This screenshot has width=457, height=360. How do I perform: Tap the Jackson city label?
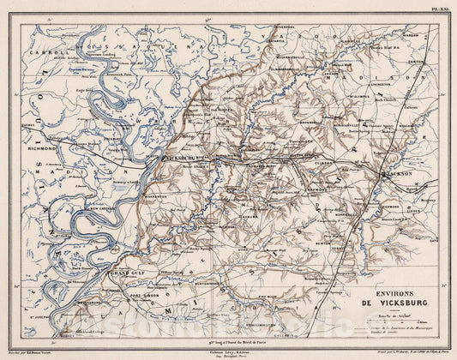(395, 173)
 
